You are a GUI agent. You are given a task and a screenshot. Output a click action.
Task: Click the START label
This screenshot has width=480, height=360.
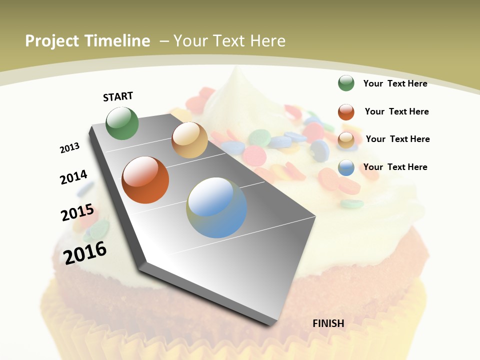(118, 96)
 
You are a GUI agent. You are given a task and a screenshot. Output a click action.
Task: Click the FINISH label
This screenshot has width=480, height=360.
(328, 323)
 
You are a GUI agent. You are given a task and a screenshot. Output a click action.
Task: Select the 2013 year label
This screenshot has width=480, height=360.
(70, 148)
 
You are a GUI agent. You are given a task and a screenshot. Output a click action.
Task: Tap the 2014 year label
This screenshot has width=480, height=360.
(73, 177)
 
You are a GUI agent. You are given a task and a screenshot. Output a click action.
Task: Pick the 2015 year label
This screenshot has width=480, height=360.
(77, 212)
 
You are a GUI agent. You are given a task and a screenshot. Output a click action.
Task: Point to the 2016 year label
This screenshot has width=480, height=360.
(85, 252)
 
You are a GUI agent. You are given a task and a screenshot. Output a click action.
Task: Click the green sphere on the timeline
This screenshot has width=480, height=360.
(122, 123)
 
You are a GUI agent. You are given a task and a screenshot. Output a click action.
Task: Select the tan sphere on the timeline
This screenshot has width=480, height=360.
(189, 140)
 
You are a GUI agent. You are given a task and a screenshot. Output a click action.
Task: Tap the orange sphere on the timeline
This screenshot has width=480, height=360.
(145, 180)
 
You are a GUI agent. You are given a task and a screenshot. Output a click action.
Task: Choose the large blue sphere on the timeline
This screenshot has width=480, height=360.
(216, 207)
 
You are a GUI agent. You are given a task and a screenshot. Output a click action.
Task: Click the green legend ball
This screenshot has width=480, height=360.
(346, 83)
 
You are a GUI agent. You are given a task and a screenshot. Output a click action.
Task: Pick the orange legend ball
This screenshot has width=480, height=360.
(346, 112)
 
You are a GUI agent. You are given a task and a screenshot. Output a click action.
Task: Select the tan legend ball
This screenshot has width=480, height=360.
(346, 140)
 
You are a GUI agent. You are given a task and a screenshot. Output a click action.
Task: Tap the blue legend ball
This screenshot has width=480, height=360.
(346, 167)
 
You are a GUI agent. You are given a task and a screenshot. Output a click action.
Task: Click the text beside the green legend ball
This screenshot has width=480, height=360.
(395, 83)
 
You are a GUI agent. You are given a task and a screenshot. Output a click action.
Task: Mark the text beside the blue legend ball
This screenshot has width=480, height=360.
(395, 167)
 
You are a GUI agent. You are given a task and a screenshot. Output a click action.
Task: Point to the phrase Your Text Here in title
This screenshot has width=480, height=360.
(229, 41)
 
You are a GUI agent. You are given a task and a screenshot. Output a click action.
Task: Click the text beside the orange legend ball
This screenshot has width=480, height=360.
(396, 111)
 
